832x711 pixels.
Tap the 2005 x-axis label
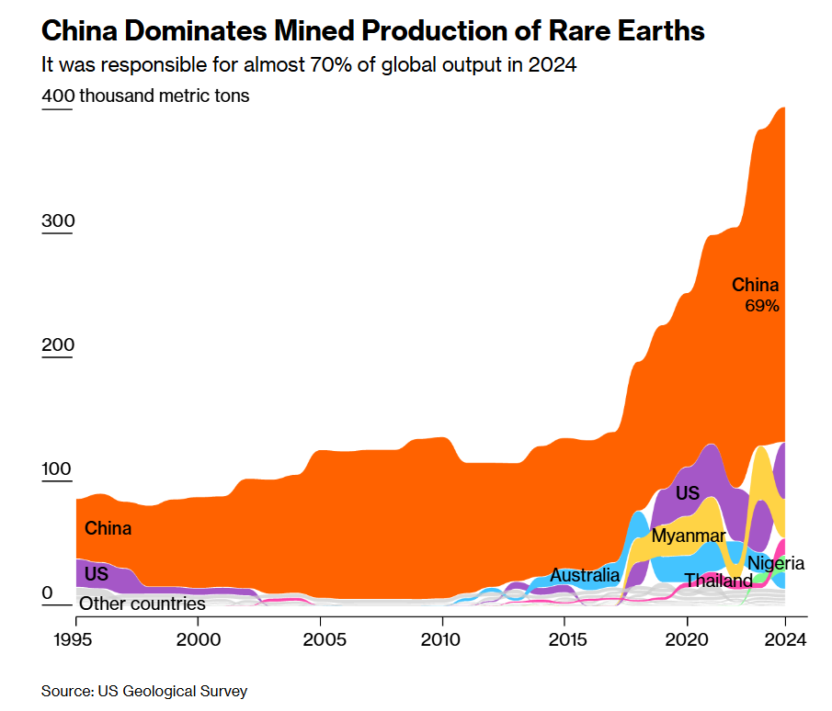[320, 638]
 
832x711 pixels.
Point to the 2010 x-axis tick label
[442, 638]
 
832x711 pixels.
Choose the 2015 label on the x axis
[565, 638]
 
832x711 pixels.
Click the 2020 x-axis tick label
[688, 638]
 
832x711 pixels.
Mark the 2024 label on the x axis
[785, 638]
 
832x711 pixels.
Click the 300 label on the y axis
[57, 221]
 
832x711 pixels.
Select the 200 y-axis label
[57, 345]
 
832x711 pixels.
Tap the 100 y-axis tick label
[57, 469]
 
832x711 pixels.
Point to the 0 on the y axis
[47, 593]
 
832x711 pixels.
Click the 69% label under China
[762, 306]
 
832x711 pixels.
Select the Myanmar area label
[689, 536]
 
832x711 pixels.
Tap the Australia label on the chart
[585, 576]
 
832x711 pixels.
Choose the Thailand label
[718, 581]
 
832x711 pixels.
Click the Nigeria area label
[775, 563]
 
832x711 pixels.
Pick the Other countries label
[142, 604]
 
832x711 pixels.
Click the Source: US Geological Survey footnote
[144, 691]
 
